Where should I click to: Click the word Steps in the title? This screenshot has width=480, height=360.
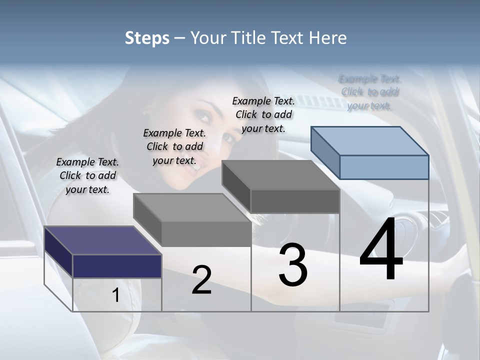(147, 38)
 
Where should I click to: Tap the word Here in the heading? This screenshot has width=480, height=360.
(328, 38)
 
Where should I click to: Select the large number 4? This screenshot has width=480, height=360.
(381, 250)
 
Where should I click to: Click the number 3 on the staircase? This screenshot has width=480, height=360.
(293, 265)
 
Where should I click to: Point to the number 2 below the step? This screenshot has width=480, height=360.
(201, 280)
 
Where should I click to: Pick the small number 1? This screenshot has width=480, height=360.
(115, 295)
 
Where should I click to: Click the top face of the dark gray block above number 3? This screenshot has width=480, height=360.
(280, 175)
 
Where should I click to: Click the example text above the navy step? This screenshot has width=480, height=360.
(87, 175)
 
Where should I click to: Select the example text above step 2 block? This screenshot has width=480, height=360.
(174, 146)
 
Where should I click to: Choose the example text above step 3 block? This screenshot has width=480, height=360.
(263, 114)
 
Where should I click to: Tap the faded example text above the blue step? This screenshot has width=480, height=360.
(370, 92)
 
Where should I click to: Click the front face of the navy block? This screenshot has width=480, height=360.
(117, 266)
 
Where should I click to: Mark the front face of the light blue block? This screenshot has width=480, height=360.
(384, 167)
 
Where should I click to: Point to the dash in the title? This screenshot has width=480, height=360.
(180, 38)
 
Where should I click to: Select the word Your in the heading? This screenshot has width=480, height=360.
(209, 38)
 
